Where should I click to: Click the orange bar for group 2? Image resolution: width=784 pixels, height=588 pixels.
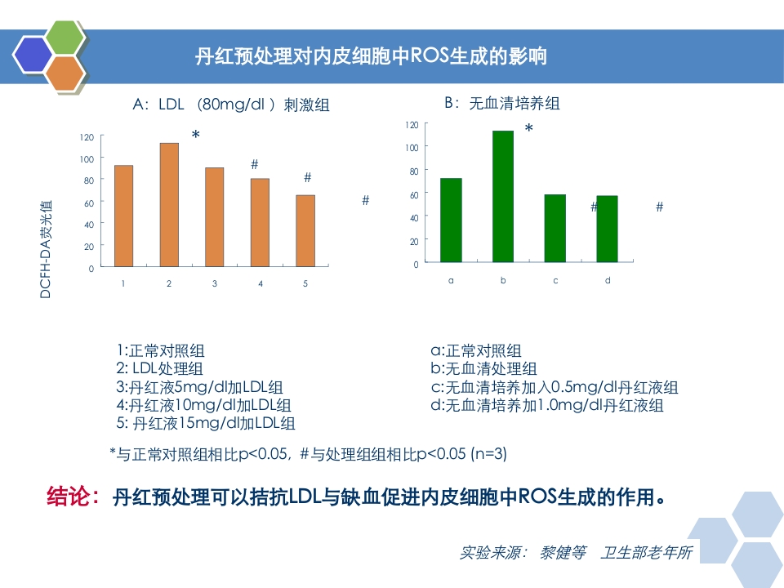(169, 205)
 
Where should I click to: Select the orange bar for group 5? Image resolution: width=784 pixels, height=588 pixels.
(305, 231)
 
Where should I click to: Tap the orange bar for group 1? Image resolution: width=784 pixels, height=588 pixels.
(123, 216)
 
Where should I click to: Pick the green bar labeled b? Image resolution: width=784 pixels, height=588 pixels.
(503, 197)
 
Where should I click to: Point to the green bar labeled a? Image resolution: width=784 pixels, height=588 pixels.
(451, 220)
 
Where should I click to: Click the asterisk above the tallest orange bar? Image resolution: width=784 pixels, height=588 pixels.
(196, 135)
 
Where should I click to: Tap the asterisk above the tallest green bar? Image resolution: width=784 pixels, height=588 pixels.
(529, 129)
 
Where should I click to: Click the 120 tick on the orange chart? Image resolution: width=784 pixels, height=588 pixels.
(87, 136)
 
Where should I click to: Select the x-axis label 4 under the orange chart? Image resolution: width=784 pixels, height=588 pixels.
(261, 284)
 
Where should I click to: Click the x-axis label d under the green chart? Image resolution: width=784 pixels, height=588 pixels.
(608, 280)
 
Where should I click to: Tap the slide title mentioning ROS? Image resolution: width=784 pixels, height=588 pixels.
(372, 56)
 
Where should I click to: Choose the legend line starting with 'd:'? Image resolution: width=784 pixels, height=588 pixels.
(547, 405)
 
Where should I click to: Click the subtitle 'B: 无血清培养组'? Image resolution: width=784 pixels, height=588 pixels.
(501, 104)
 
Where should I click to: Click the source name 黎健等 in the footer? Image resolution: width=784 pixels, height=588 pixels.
(563, 552)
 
